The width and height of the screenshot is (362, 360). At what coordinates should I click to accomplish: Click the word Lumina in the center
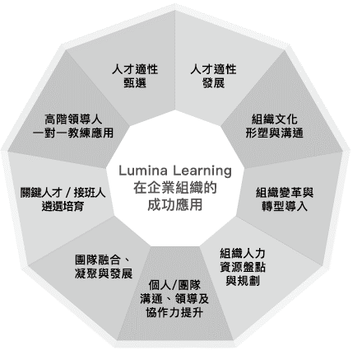tap(143, 171)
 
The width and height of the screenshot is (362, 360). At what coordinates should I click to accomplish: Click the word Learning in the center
tap(202, 171)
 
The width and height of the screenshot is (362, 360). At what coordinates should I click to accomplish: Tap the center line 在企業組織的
tap(175, 188)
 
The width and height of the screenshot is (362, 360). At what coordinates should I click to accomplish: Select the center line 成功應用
tap(175, 204)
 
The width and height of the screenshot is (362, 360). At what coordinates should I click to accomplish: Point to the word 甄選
tap(135, 82)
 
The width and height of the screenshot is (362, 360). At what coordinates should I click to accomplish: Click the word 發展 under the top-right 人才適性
tap(213, 82)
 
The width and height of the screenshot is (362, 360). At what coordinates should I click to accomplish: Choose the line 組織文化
tap(274, 119)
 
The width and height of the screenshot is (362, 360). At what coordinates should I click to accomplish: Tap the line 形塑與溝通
tap(274, 133)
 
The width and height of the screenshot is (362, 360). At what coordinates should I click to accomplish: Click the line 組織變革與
tap(285, 193)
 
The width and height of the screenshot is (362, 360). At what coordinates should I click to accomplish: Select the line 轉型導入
tap(285, 206)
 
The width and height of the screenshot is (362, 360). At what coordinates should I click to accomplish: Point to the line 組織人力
tap(243, 253)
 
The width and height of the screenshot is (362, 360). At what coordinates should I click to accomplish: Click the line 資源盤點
tap(243, 267)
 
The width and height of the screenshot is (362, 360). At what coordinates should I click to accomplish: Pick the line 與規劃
tap(243, 281)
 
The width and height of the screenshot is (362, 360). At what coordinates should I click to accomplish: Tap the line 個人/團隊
tap(174, 285)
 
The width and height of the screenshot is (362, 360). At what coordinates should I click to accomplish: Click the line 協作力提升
tap(174, 312)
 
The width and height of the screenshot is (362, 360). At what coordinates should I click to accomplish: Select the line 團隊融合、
tap(102, 259)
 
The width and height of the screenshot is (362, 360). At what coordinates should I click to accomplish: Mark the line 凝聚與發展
tap(104, 274)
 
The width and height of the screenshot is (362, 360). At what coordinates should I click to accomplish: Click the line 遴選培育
tap(63, 206)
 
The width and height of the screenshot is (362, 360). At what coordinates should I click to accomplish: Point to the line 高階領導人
tap(73, 119)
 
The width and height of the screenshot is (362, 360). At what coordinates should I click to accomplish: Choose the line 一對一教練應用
tap(73, 133)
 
